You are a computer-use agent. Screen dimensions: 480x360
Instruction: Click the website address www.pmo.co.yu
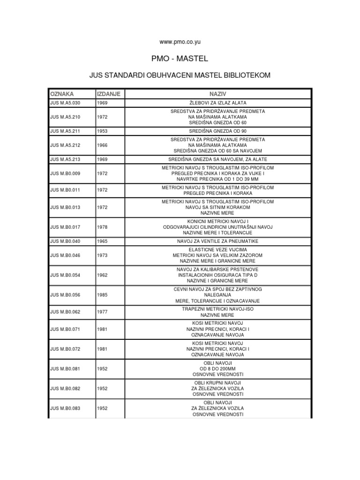[x=180, y=42]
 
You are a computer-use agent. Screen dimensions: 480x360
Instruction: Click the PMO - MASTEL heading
[x=180, y=59]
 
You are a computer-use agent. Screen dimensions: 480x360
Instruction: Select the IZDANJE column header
[x=109, y=94]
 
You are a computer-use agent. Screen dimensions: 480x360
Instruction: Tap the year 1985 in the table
[x=102, y=295]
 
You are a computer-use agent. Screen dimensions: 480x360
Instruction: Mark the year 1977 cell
[x=102, y=313]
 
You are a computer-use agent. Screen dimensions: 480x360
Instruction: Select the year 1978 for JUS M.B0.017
[x=102, y=227]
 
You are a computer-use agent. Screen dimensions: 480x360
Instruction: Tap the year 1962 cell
[x=102, y=275]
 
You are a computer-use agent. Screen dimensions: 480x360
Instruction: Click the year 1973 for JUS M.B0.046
[x=102, y=255]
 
